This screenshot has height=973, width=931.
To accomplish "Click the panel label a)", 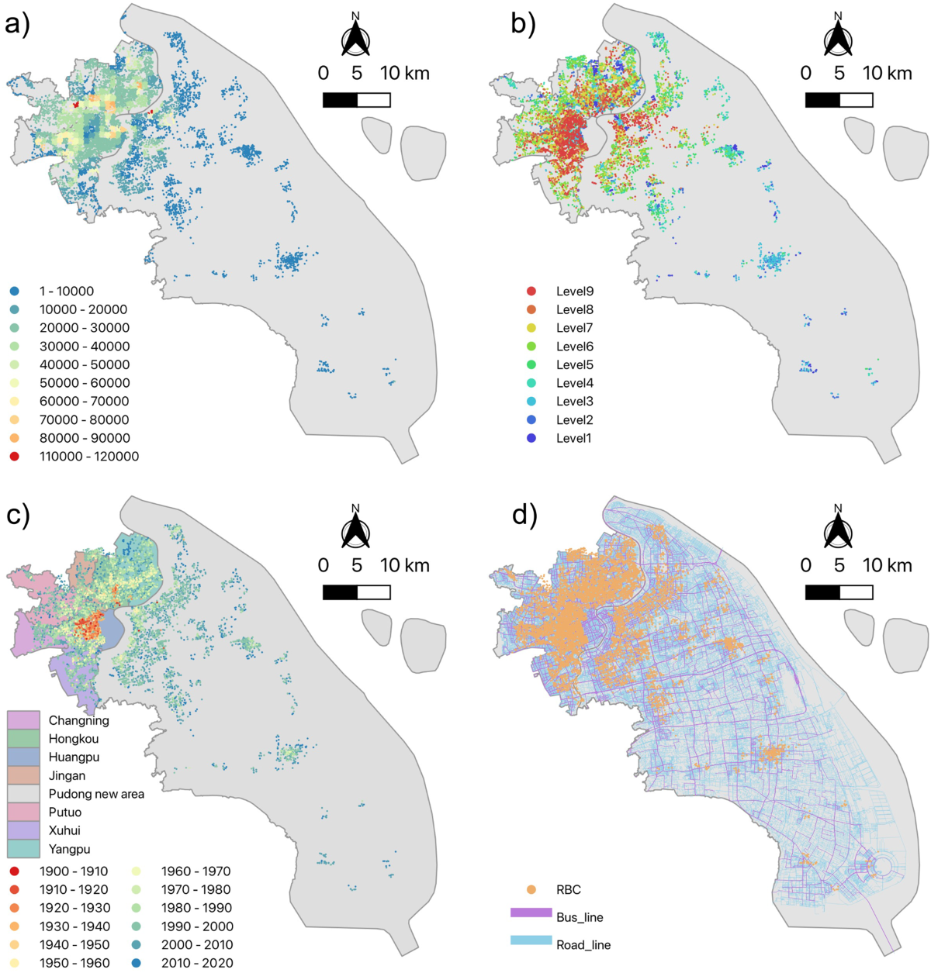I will (x=17, y=25).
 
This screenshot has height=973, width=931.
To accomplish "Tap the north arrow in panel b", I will (x=838, y=36).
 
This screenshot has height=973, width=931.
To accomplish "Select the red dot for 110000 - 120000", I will (x=15, y=457).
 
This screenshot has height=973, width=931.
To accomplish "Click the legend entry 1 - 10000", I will (x=66, y=292).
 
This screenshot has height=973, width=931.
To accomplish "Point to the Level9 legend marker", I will (x=531, y=292).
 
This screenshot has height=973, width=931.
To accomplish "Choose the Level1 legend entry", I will (x=573, y=438).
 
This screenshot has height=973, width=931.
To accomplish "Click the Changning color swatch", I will (x=23, y=720).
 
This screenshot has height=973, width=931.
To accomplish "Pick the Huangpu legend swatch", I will (x=23, y=757).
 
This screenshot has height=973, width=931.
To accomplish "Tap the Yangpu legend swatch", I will (x=23, y=848).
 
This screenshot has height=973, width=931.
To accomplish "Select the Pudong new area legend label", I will (x=96, y=794).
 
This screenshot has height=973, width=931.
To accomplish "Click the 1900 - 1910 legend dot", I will (x=15, y=871).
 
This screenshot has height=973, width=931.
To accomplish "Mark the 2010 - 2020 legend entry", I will (x=197, y=963).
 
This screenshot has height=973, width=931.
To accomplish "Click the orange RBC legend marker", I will (x=531, y=889).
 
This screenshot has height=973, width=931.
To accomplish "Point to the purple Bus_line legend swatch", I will (x=531, y=913).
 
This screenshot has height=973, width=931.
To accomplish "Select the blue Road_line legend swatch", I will (x=531, y=940).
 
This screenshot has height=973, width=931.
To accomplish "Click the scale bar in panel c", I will (x=356, y=592).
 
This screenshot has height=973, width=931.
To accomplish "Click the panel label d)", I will (x=524, y=515).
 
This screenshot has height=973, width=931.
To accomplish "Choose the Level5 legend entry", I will (x=574, y=364).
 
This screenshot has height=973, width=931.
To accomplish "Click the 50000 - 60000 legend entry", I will (x=85, y=383).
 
